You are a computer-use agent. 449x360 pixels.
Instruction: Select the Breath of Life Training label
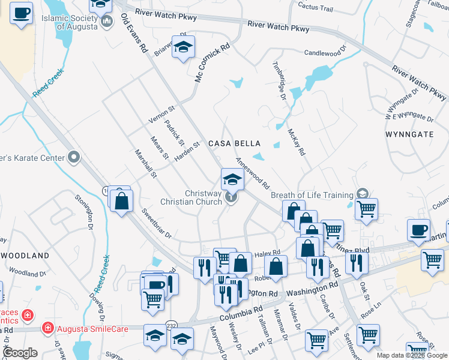(x=312, y=195)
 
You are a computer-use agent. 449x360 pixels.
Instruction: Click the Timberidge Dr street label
(x=280, y=77)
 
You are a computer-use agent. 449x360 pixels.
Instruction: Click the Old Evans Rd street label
(x=134, y=34)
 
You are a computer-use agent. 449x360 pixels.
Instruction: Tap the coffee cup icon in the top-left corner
(x=21, y=13)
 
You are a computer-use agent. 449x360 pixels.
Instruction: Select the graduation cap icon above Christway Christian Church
(x=232, y=178)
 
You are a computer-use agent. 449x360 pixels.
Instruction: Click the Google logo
(x=20, y=353)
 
